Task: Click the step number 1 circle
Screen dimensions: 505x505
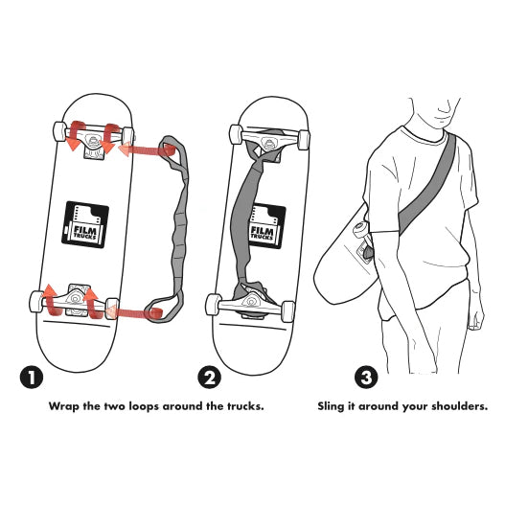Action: [32, 378]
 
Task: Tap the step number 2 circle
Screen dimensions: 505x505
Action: [209, 378]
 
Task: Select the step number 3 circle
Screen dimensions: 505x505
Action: [366, 378]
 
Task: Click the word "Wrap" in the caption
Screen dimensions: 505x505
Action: [64, 406]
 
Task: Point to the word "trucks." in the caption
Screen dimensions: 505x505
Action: [245, 405]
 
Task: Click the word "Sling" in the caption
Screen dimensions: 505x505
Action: [331, 406]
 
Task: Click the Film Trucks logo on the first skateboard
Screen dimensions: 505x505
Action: [85, 225]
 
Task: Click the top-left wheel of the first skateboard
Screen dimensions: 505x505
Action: [59, 131]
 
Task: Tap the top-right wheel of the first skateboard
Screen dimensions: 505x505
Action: [127, 136]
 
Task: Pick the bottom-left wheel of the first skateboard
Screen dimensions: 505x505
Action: [36, 302]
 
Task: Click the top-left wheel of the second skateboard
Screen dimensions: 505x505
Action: [236, 134]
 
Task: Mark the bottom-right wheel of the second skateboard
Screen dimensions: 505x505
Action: [287, 311]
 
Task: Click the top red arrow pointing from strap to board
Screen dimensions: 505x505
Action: [148, 149]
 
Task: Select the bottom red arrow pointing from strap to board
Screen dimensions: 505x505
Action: [134, 312]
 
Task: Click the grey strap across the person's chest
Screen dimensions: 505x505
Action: [427, 184]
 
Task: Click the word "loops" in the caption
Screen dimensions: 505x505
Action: [144, 406]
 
